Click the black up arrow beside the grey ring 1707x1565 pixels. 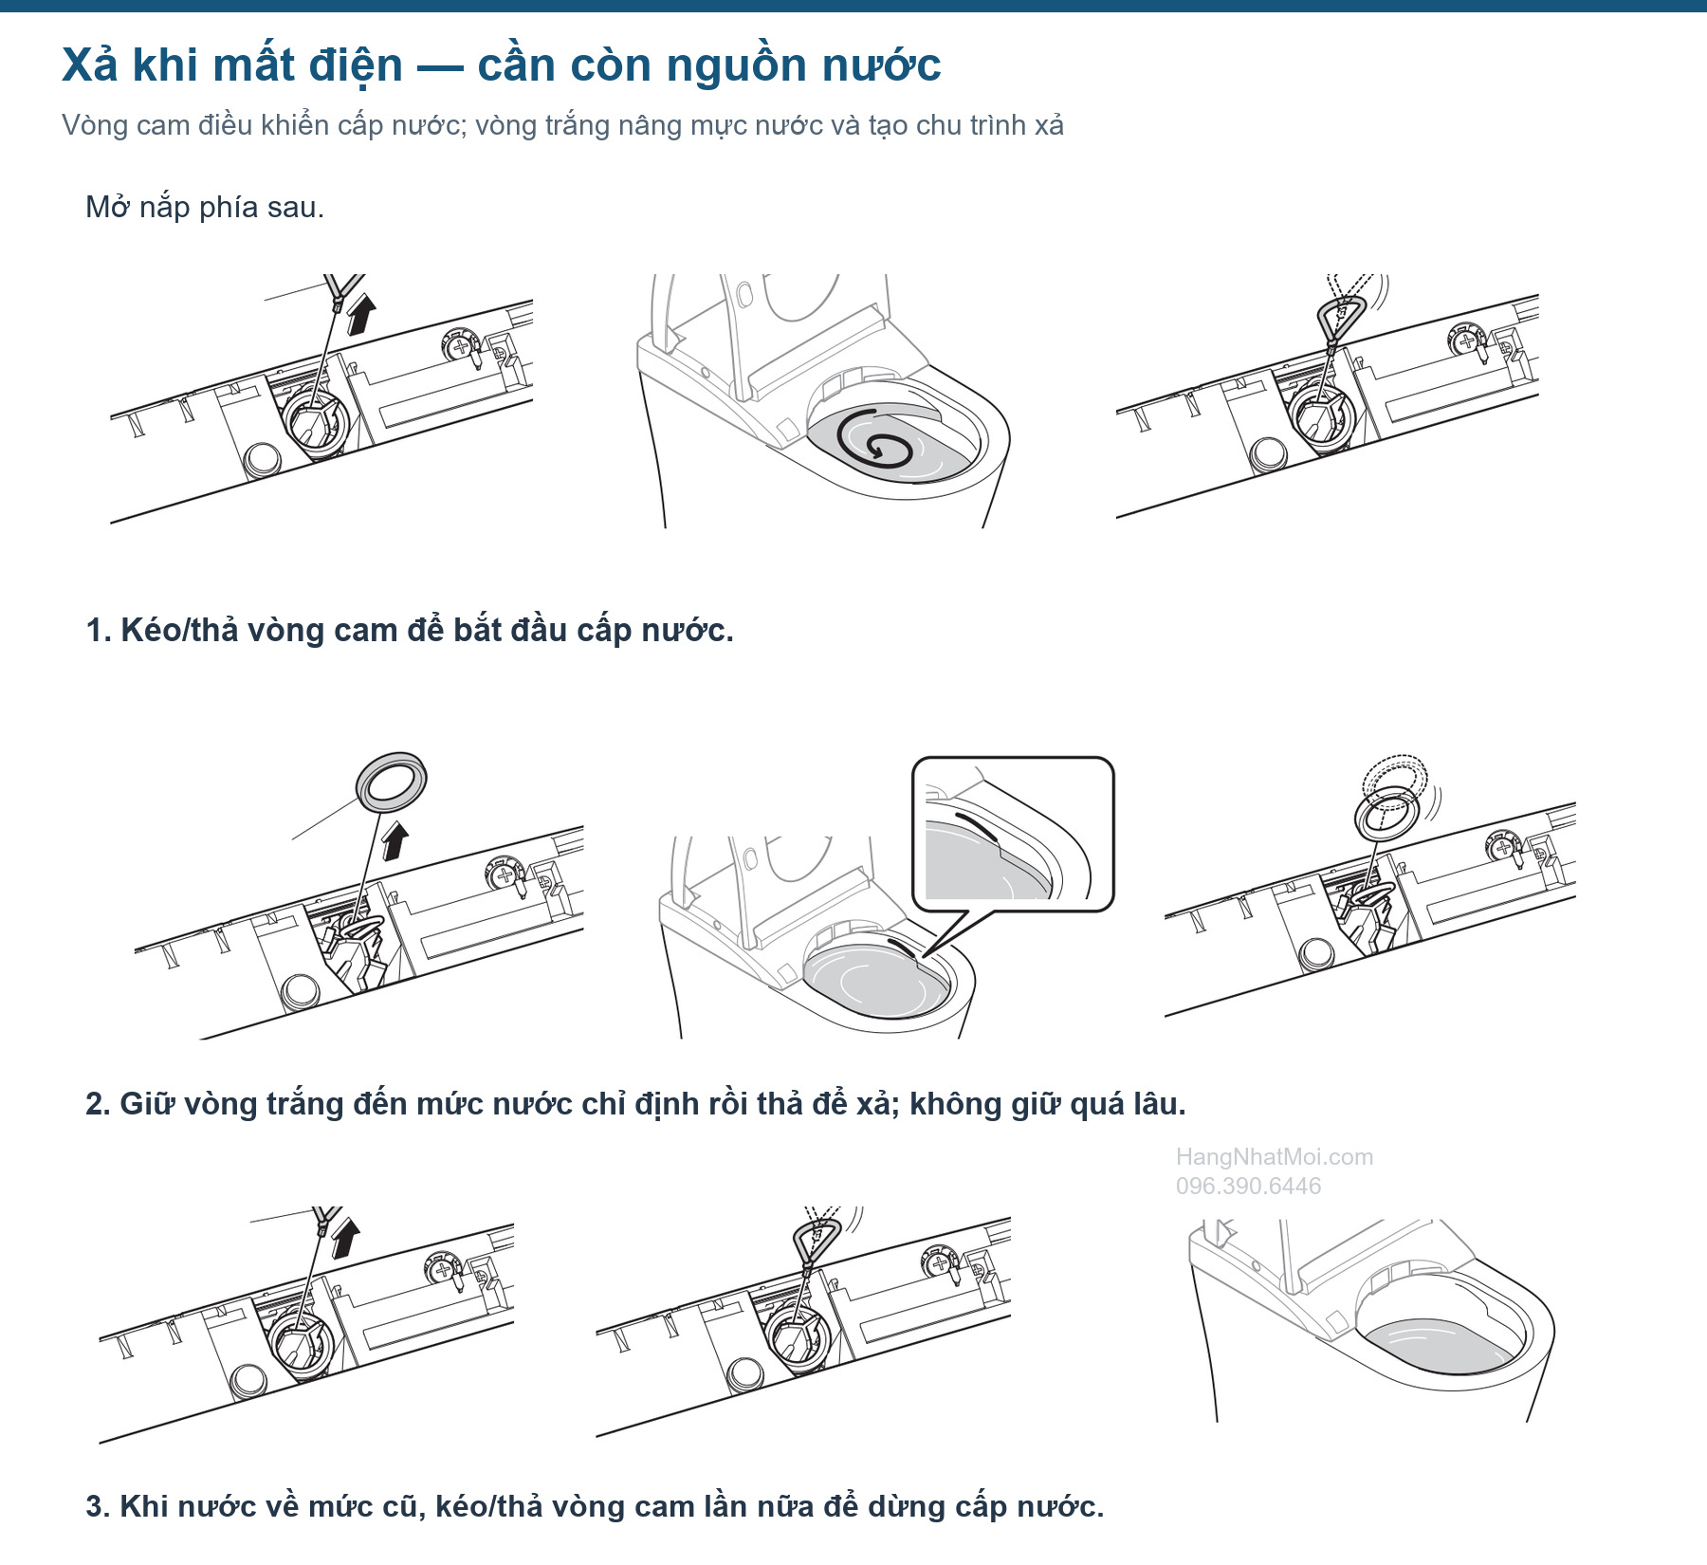pos(395,840)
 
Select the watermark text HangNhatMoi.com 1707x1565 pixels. pos(1274,1157)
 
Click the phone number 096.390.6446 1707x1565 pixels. pos(1248,1186)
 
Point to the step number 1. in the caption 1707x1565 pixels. pos(99,631)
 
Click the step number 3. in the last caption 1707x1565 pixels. pos(99,1507)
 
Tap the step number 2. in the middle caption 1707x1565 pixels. pos(99,1104)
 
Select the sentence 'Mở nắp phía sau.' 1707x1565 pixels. pos(205,208)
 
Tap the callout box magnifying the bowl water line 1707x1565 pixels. pos(1013,835)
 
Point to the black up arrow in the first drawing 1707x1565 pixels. pos(360,314)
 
